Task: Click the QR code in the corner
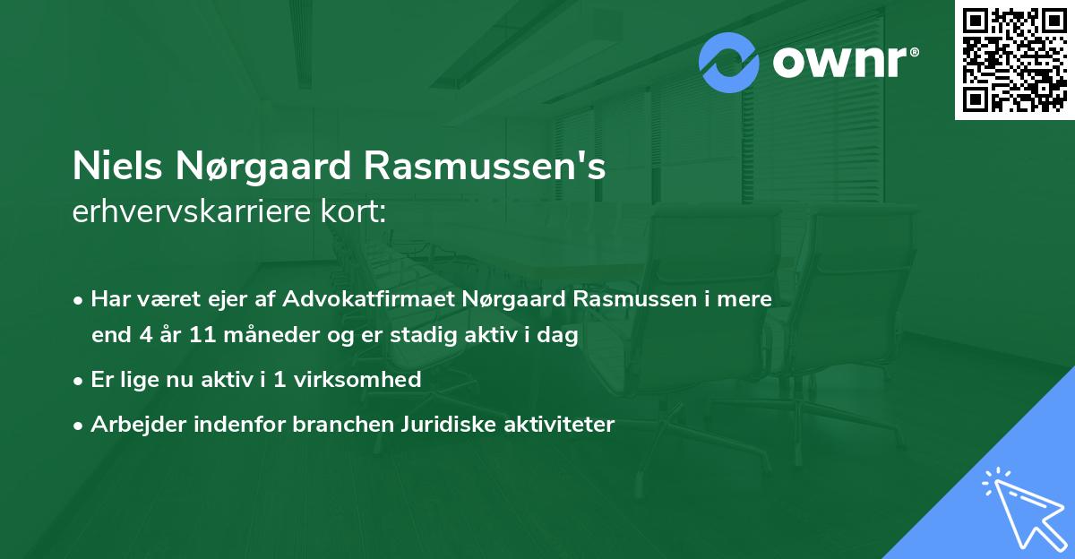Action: (1015, 59)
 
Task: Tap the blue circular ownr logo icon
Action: (729, 62)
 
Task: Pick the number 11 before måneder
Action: (206, 336)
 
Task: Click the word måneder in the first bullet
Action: (269, 336)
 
